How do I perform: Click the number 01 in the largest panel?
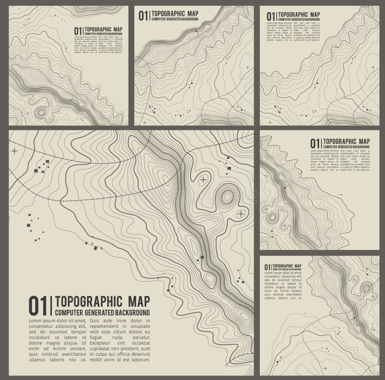(x=38, y=306)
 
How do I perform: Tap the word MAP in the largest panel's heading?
(x=138, y=302)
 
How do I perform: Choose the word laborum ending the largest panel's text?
(x=140, y=360)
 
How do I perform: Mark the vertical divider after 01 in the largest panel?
(x=51, y=306)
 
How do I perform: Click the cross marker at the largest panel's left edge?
(x=14, y=151)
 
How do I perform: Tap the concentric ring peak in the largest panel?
(x=227, y=196)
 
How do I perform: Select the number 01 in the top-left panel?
(x=77, y=31)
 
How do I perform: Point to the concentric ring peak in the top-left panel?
(x=40, y=113)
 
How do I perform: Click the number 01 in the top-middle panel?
(x=144, y=15)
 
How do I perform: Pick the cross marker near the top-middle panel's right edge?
(x=247, y=67)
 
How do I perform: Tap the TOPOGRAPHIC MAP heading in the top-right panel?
(x=299, y=14)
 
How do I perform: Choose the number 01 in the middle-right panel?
(x=315, y=143)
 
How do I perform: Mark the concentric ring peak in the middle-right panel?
(x=272, y=217)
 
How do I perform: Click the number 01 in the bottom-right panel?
(x=268, y=267)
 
